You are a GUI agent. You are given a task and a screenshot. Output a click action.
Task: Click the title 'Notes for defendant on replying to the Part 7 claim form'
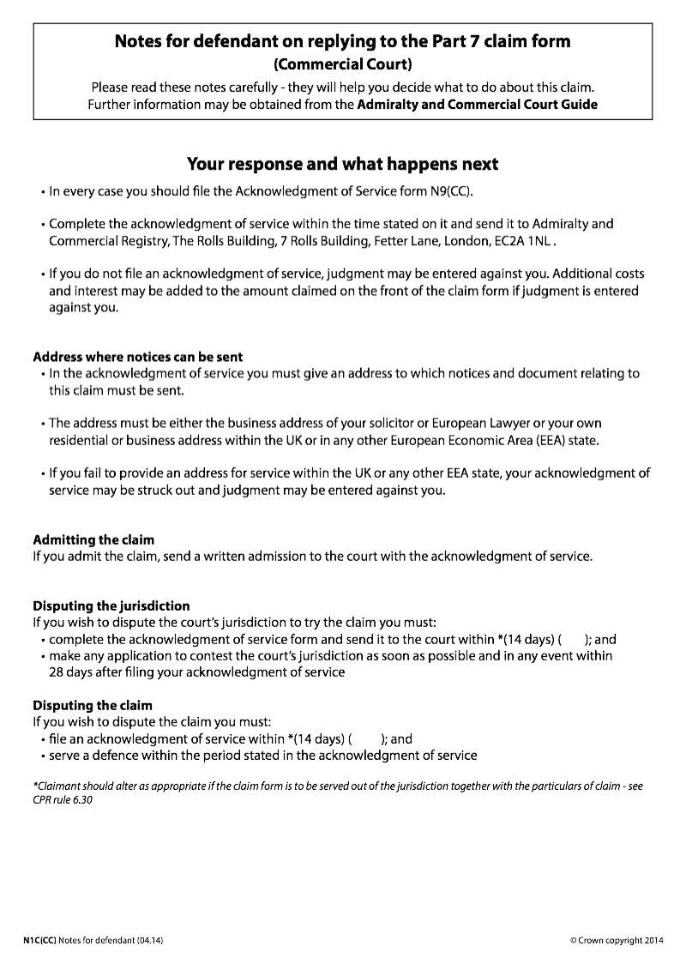click(x=342, y=41)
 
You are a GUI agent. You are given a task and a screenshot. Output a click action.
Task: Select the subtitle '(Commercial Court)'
click(x=342, y=64)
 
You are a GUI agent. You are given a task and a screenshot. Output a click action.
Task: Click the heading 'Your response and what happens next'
click(x=342, y=164)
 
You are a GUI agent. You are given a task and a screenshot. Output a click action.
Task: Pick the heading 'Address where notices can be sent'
click(x=137, y=357)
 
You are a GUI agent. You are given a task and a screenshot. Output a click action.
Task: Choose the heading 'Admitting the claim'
click(x=93, y=539)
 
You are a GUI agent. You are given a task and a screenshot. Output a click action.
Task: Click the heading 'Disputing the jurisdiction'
click(x=111, y=605)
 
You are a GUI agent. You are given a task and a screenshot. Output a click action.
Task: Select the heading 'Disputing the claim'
click(x=93, y=706)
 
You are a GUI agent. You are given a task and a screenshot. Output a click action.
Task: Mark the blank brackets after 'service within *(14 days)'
click(x=366, y=738)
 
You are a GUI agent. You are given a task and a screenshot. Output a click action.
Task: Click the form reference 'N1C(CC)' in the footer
click(x=39, y=941)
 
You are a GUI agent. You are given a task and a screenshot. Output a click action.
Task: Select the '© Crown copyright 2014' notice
click(x=617, y=941)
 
